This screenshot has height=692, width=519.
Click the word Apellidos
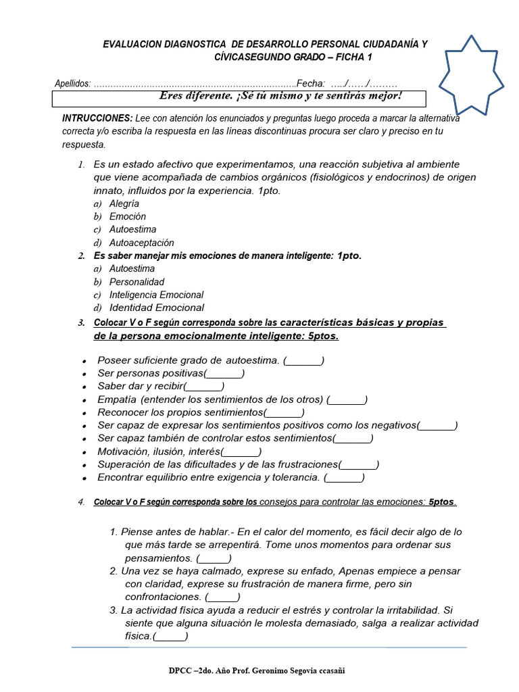[x=72, y=84]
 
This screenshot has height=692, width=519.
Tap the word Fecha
[x=310, y=83]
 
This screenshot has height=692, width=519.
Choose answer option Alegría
[x=124, y=203]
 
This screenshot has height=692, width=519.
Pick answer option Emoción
[x=127, y=216]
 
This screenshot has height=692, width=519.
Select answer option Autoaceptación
[x=142, y=243]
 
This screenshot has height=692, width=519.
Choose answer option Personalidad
[x=137, y=282]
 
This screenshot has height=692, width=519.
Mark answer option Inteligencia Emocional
[x=156, y=295]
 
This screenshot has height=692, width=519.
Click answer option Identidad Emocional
[x=157, y=307]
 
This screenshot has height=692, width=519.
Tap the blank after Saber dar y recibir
[x=204, y=386]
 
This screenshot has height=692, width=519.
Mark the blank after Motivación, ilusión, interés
[x=242, y=451]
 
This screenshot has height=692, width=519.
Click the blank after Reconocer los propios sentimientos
[x=284, y=412]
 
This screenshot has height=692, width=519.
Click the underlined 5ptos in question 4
[x=442, y=502]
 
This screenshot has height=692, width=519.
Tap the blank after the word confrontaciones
[x=222, y=597]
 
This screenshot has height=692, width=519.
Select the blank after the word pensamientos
[x=214, y=558]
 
